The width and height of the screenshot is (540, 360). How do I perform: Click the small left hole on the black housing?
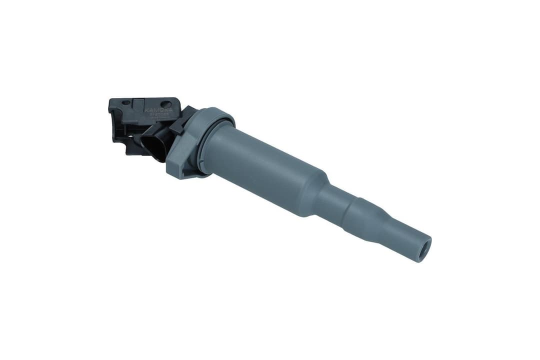[125, 102]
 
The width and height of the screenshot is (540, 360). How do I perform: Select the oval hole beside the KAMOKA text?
[167, 104]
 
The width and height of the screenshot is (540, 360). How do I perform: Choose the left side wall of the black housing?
[114, 120]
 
